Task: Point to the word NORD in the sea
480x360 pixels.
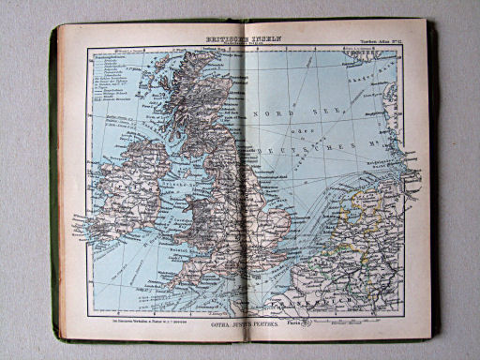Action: tap(277, 110)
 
